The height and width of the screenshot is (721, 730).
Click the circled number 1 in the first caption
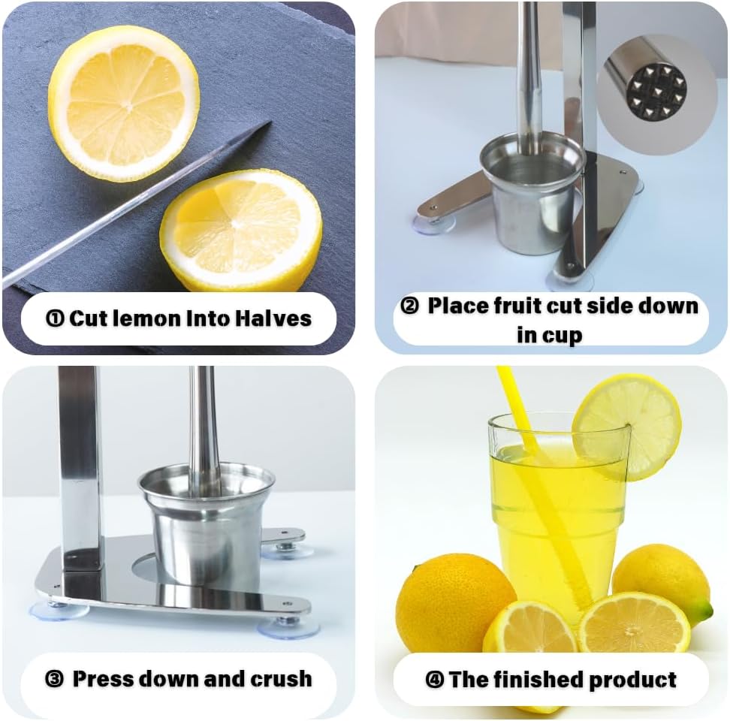pyautogui.click(x=56, y=318)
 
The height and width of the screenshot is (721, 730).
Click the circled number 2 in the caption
pyautogui.click(x=409, y=306)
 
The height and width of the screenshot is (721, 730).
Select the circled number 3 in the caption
pyautogui.click(x=54, y=680)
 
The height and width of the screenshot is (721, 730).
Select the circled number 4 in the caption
pyautogui.click(x=434, y=680)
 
